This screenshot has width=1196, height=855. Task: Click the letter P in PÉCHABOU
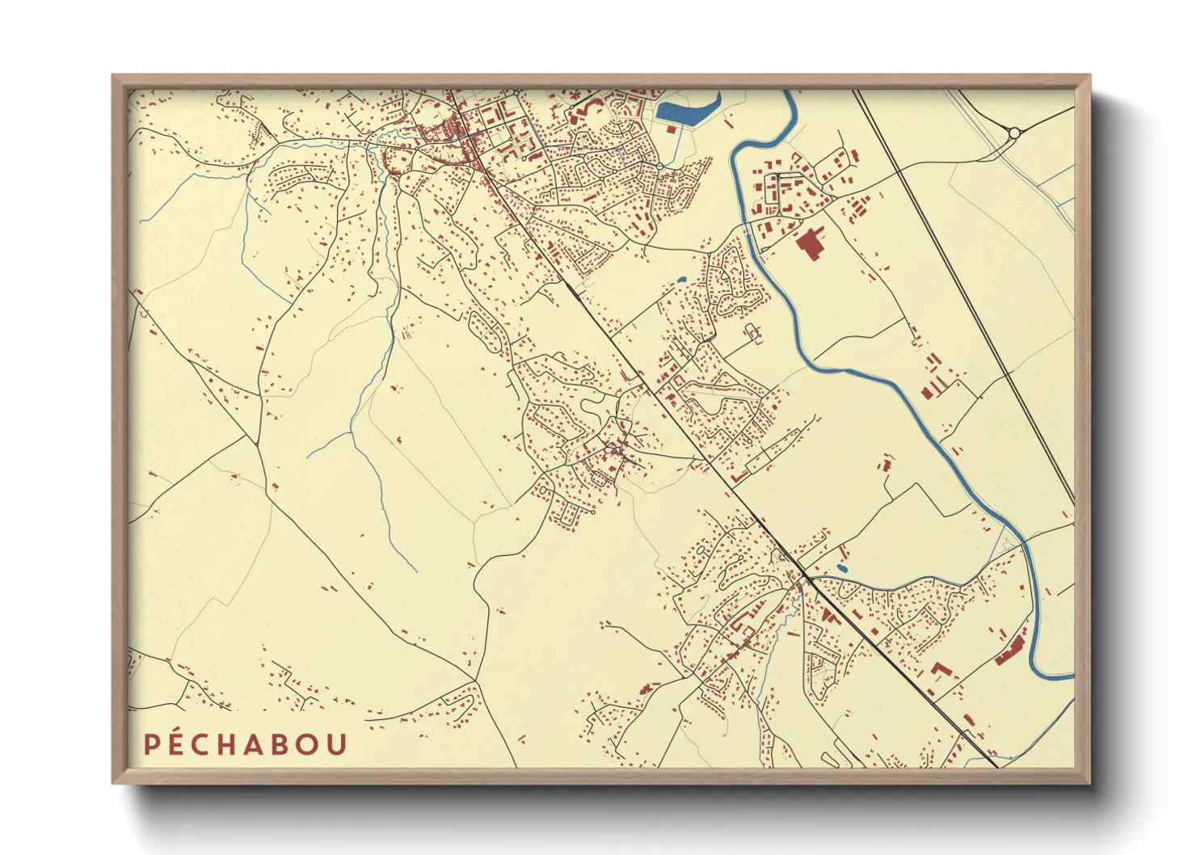pyautogui.click(x=151, y=744)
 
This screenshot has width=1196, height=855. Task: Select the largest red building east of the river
pyautogui.click(x=809, y=244)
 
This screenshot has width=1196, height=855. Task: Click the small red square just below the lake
pyautogui.click(x=671, y=128)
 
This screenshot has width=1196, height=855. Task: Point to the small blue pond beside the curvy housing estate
pyautogui.click(x=681, y=280)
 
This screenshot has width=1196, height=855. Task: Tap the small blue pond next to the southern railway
pyautogui.click(x=842, y=568)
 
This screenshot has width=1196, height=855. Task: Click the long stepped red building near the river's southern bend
pyautogui.click(x=1010, y=651)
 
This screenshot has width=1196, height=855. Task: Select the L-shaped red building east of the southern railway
pyautogui.click(x=940, y=670)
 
